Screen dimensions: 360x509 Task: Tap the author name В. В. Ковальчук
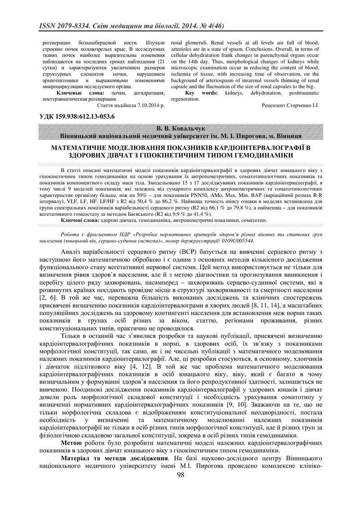pos(180,129)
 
